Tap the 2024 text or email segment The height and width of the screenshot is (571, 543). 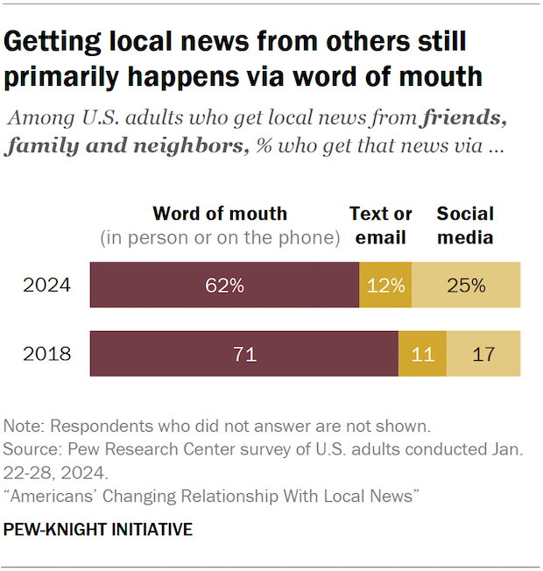pyautogui.click(x=385, y=285)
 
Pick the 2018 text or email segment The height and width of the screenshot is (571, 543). pyautogui.click(x=422, y=354)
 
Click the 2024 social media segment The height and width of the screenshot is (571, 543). pyautogui.click(x=466, y=285)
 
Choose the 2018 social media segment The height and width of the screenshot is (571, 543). pyautogui.click(x=483, y=354)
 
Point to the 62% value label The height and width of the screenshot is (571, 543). pyautogui.click(x=225, y=285)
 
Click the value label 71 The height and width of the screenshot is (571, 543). pyautogui.click(x=244, y=354)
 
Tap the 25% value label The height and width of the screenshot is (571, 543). pyautogui.click(x=466, y=285)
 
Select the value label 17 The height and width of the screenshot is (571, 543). pyautogui.click(x=483, y=354)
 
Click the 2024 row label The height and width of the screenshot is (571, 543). pyautogui.click(x=46, y=285)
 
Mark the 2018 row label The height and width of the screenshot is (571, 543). pyautogui.click(x=46, y=354)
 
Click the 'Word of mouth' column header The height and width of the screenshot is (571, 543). pyautogui.click(x=220, y=214)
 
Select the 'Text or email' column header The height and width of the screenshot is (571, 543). pyautogui.click(x=381, y=225)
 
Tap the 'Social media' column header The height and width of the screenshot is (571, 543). pyautogui.click(x=465, y=225)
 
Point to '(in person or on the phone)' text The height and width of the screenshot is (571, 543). pyautogui.click(x=220, y=237)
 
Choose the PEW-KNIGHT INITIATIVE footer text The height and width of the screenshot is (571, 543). pyautogui.click(x=98, y=531)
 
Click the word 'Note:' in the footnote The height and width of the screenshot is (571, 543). pyautogui.click(x=25, y=427)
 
